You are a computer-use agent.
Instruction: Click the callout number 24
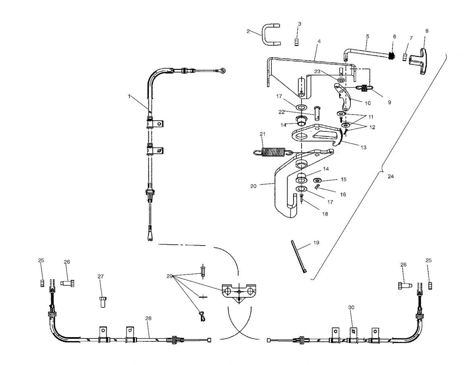click(391, 176)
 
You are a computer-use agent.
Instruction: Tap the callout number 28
click(148, 318)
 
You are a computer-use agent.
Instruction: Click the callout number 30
click(351, 307)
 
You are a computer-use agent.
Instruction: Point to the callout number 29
click(169, 276)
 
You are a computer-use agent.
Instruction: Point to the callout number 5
click(367, 36)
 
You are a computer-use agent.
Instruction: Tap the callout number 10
click(367, 104)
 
